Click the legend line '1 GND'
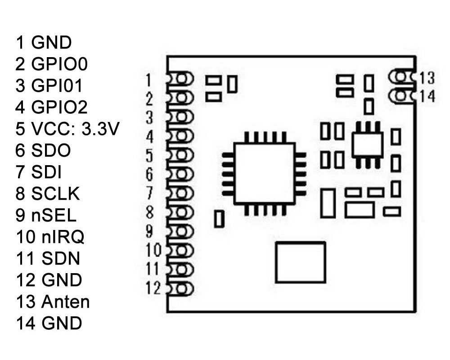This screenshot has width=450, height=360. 43,43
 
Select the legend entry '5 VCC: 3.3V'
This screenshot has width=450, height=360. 67,129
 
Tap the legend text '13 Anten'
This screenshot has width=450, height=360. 53,301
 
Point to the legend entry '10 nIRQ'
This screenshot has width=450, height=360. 49,237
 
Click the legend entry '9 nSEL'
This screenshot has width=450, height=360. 45,215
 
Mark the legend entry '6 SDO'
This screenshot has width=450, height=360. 43,151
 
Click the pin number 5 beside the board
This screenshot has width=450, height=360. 150,155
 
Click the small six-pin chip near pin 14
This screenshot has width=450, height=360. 366,144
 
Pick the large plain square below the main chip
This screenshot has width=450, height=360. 300,262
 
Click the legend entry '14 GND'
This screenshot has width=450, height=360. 49,323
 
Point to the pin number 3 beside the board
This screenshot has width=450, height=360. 150,118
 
